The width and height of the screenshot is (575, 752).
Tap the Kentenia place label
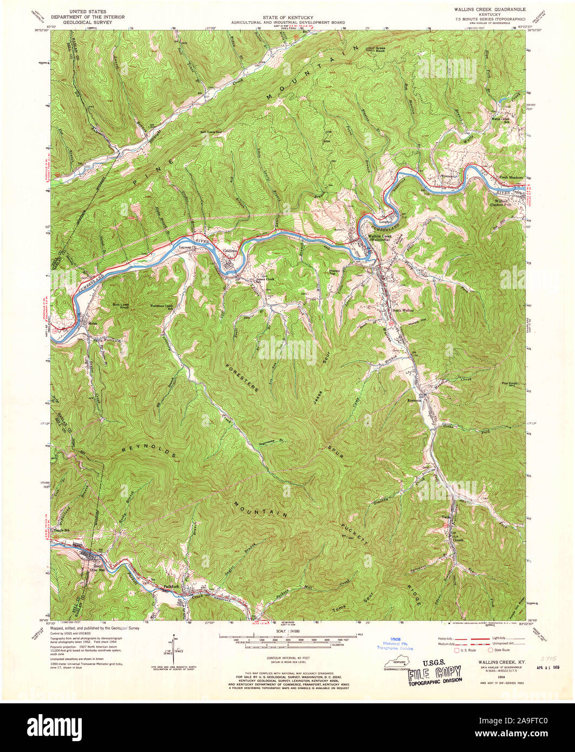point(415,401)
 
